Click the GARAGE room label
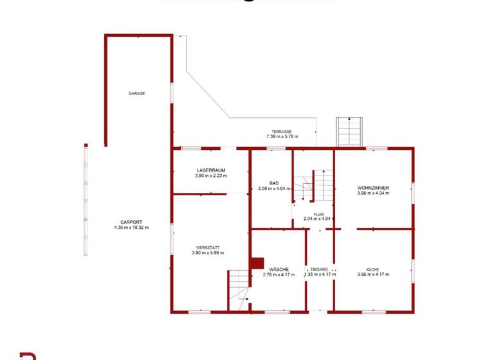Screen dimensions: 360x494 136,93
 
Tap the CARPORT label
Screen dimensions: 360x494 131,222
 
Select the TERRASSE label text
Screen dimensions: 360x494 282,131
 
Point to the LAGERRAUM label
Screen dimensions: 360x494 212,170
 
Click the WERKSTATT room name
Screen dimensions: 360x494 208,248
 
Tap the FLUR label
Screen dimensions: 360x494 318,214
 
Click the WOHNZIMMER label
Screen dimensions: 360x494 373,188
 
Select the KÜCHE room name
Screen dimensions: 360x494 373,269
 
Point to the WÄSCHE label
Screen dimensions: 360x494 279,269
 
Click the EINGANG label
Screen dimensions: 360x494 319,269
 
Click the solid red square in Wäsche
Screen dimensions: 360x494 257,263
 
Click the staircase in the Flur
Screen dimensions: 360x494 316,186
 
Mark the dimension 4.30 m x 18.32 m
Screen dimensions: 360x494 131,228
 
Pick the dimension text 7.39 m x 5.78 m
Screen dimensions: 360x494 282,136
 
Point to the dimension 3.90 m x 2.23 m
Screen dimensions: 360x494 212,175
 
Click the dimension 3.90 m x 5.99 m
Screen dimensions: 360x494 208,253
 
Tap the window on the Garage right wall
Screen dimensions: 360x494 172,91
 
